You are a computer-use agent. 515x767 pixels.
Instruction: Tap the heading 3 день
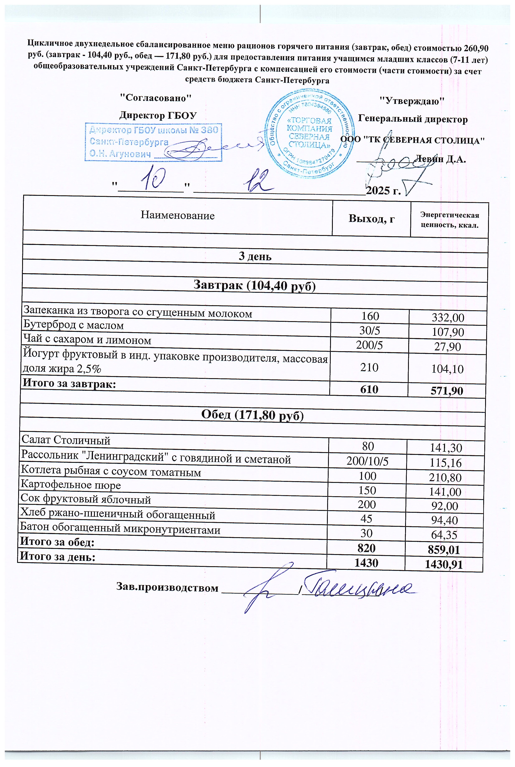tap(255, 256)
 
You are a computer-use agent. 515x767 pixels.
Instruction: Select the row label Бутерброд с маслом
tap(74, 325)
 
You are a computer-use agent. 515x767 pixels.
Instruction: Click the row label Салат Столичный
tap(66, 440)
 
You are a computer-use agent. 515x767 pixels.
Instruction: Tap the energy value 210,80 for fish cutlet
tap(446, 477)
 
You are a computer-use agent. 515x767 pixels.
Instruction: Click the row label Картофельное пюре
tap(71, 485)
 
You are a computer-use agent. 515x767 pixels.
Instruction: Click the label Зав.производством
tap(167, 588)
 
